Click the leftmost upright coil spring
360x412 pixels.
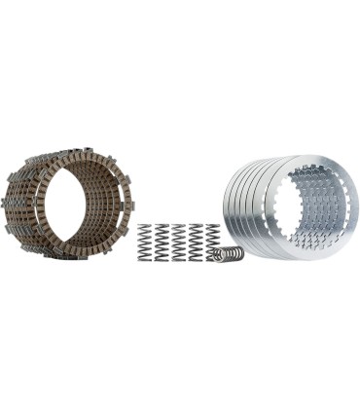coord(145,242)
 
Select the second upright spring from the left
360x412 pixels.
coord(162,242)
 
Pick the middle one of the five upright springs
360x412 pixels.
coord(179,242)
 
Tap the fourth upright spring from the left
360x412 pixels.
coord(196,242)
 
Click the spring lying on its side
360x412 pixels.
coord(228,253)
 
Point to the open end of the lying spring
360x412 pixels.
coord(238,253)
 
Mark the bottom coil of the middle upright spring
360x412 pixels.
coord(179,258)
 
